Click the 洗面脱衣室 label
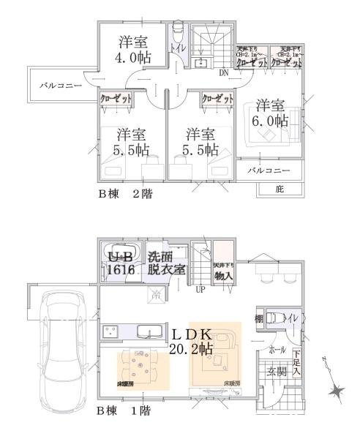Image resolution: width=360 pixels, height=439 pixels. click(x=165, y=263)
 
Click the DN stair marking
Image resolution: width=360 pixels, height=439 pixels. click(x=223, y=72)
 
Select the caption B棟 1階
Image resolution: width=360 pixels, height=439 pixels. click(x=125, y=412)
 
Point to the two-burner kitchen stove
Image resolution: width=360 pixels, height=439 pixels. click(x=112, y=332)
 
